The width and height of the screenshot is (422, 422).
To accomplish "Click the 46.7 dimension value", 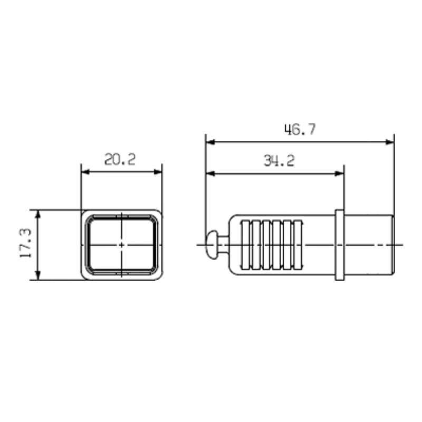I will click(300, 130).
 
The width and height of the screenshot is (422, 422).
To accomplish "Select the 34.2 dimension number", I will click(279, 161).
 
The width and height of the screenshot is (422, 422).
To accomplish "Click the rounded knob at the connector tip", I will click(212, 244).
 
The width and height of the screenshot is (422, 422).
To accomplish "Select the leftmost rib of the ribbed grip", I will click(244, 244).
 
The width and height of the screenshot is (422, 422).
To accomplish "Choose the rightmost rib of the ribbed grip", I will click(299, 244).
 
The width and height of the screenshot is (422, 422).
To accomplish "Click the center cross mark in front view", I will click(121, 244).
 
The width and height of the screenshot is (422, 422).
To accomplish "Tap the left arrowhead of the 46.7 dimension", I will click(209, 141).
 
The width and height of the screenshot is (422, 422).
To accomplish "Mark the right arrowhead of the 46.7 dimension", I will click(390, 141).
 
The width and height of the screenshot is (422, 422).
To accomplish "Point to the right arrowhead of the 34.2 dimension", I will click(340, 172).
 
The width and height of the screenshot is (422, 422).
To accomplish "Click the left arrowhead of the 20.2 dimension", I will click(84, 171).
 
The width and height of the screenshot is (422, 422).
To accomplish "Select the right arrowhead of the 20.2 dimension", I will click(158, 171).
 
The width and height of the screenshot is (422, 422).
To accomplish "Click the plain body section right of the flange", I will click(369, 244).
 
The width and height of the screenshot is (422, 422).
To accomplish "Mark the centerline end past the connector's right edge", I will click(401, 244).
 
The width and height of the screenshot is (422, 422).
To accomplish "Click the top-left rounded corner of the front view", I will click(84, 213).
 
